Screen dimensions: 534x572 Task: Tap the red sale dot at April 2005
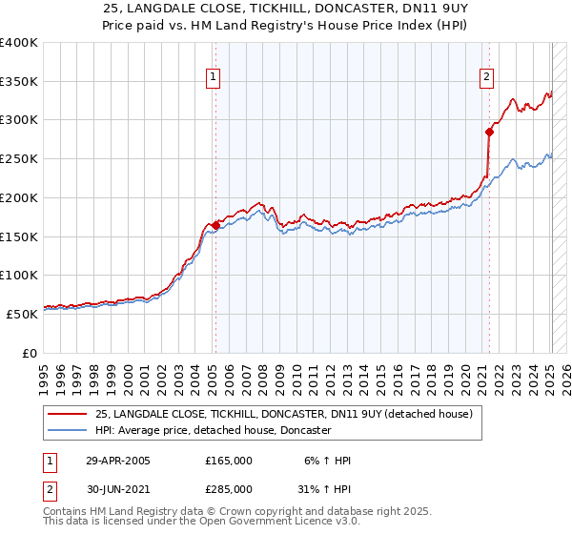(x=215, y=225)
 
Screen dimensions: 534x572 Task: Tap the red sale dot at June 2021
(x=489, y=132)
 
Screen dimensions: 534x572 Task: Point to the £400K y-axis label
(x=19, y=43)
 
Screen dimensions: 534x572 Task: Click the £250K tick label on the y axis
(x=19, y=159)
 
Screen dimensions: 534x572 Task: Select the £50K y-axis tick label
(x=23, y=314)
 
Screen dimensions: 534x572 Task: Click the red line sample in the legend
(x=67, y=414)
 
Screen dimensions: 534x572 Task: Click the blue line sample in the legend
(x=67, y=430)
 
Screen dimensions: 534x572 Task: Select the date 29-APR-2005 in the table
(x=118, y=461)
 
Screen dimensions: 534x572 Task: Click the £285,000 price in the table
(x=229, y=489)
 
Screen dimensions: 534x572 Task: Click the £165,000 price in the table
(x=229, y=461)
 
